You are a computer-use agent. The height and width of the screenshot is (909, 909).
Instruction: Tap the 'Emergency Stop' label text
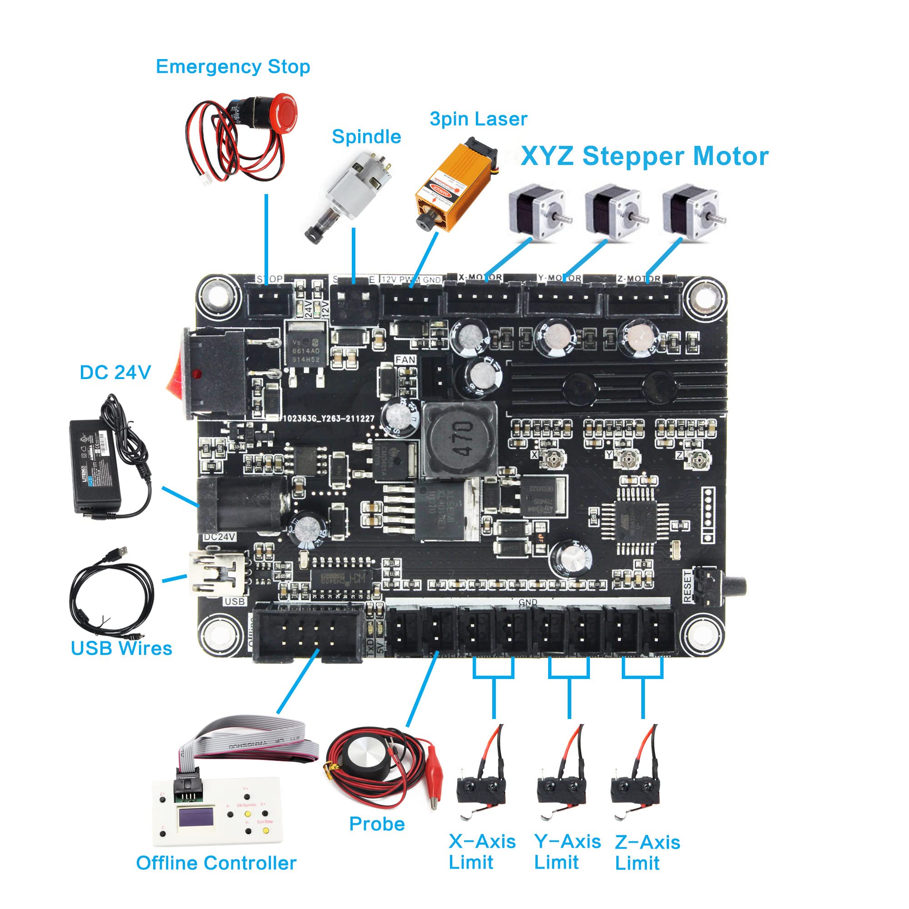click(232, 66)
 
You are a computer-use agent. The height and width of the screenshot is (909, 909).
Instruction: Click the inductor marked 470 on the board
click(459, 439)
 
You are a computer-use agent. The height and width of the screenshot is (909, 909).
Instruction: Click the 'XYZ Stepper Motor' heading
click(644, 156)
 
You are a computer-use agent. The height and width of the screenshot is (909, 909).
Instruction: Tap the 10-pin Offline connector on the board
click(308, 632)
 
